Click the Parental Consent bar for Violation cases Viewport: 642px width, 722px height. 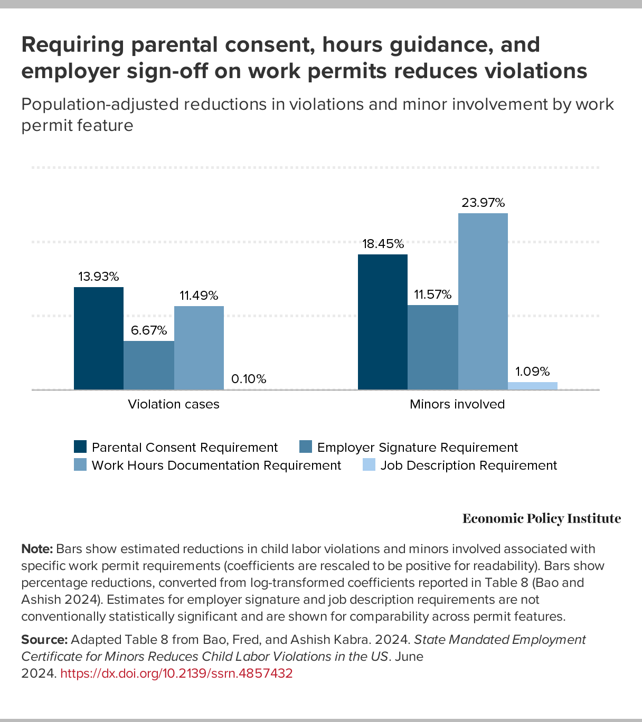pyautogui.click(x=99, y=338)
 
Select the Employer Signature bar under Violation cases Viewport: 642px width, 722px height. pyautogui.click(x=149, y=365)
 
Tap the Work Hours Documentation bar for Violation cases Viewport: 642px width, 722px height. pyautogui.click(x=199, y=348)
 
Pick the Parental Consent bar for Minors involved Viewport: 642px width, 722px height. pyautogui.click(x=383, y=322)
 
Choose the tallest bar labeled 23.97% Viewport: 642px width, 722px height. pyautogui.click(x=483, y=301)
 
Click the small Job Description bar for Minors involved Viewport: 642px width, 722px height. pyautogui.click(x=533, y=386)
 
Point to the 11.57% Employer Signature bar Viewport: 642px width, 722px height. pyautogui.click(x=433, y=347)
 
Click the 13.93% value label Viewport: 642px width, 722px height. pyautogui.click(x=99, y=277)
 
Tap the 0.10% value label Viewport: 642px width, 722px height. pyautogui.click(x=249, y=379)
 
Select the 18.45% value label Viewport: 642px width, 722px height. pyautogui.click(x=383, y=244)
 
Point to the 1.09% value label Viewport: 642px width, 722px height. pyautogui.click(x=533, y=372)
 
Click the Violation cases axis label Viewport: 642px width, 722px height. pyautogui.click(x=174, y=404)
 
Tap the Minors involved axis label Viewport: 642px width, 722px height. pyautogui.click(x=457, y=404)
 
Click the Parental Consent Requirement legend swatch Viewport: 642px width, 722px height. pyautogui.click(x=80, y=447)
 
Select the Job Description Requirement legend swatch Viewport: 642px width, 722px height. pyautogui.click(x=369, y=465)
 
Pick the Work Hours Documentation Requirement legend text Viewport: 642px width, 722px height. pyautogui.click(x=216, y=465)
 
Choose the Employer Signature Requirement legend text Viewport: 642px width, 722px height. pyautogui.click(x=418, y=448)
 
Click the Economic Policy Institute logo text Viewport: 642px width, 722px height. pyautogui.click(x=542, y=519)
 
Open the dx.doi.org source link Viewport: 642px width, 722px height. pyautogui.click(x=176, y=673)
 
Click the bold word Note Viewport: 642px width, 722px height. pyautogui.click(x=36, y=549)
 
